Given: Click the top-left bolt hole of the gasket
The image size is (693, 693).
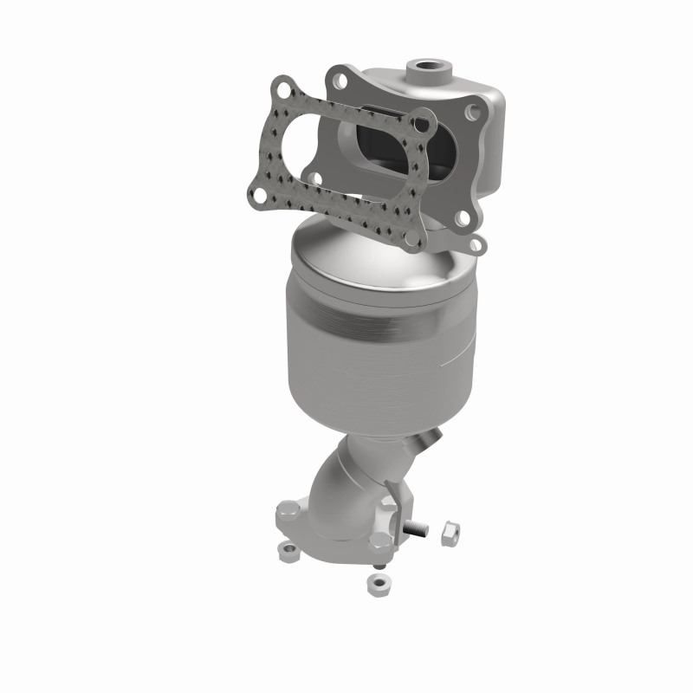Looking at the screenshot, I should tap(280, 87).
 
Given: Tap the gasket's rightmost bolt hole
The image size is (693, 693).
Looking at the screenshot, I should tap(423, 125).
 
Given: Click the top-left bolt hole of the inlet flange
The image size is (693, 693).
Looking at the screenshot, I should tap(338, 78).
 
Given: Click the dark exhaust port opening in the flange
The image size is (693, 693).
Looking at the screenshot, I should tap(381, 147).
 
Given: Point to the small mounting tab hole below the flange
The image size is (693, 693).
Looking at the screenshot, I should tap(474, 245).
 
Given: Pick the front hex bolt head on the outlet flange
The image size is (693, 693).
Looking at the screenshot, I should tap(382, 541).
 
